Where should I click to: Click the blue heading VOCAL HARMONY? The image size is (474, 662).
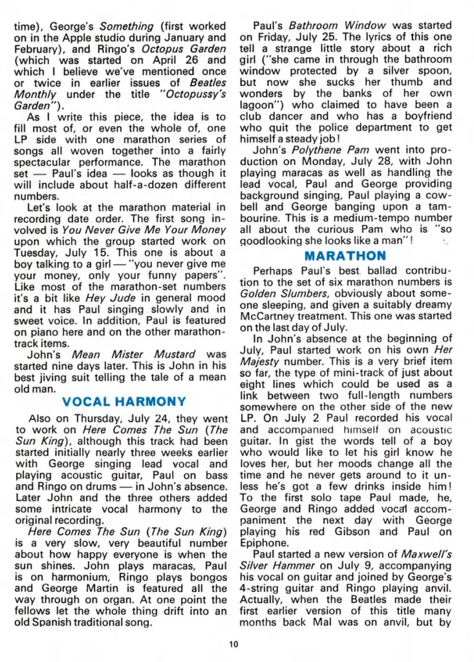click(124, 402)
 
